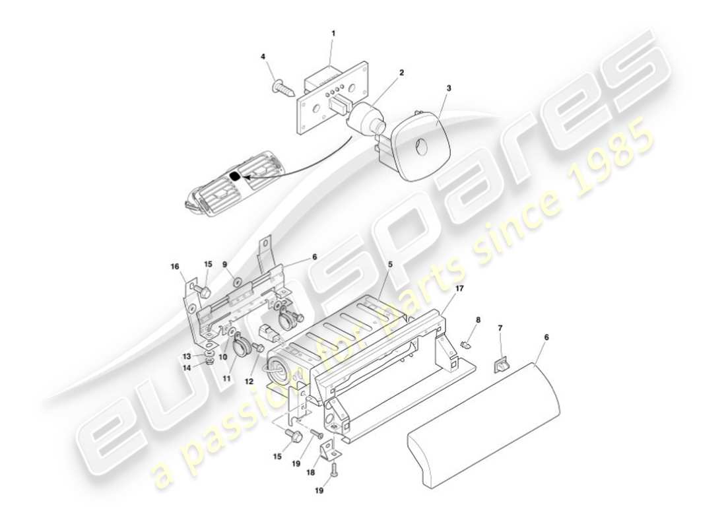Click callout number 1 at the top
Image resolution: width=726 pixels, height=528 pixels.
pyautogui.click(x=333, y=34)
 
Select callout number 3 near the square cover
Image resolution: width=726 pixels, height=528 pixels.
pyautogui.click(x=449, y=88)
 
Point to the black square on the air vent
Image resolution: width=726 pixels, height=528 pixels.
pyautogui.click(x=235, y=176)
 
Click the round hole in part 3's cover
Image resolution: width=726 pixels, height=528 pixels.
pyautogui.click(x=421, y=146)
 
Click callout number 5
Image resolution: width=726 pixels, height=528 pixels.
pyautogui.click(x=390, y=265)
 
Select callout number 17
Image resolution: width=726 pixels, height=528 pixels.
pyautogui.click(x=459, y=288)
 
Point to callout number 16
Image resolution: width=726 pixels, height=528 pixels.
pyautogui.click(x=174, y=267)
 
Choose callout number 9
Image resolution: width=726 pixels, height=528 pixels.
pyautogui.click(x=224, y=265)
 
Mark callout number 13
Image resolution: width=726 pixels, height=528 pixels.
pyautogui.click(x=187, y=356)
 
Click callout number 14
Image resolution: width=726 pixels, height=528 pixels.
pyautogui.click(x=187, y=368)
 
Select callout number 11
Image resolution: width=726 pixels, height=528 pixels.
pyautogui.click(x=227, y=378)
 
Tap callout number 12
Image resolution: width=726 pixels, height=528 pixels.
pyautogui.click(x=249, y=381)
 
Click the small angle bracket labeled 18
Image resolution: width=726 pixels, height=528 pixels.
pyautogui.click(x=331, y=447)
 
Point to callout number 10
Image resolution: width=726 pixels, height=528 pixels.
pyautogui.click(x=222, y=357)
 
